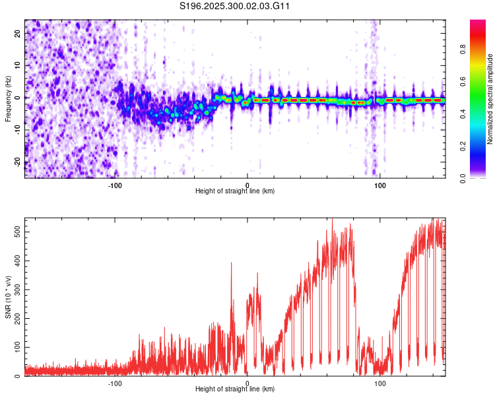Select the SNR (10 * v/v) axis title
(x=7, y=296)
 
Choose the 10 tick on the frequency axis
(x=18, y=65)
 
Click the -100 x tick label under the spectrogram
(x=115, y=185)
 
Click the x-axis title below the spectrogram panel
(x=235, y=191)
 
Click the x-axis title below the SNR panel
(x=235, y=389)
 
